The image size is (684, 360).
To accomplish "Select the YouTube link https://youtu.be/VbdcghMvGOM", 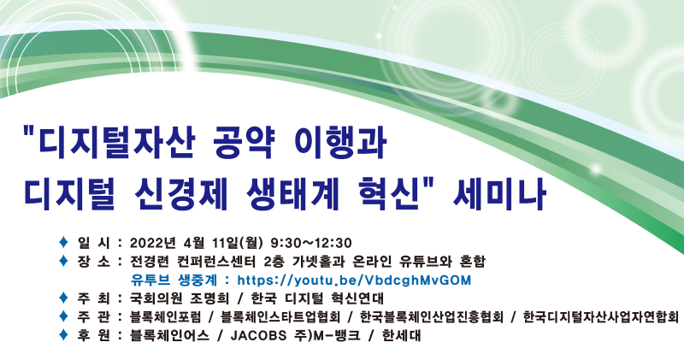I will (x=354, y=280).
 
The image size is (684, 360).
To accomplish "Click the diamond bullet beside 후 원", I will (x=61, y=335).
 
